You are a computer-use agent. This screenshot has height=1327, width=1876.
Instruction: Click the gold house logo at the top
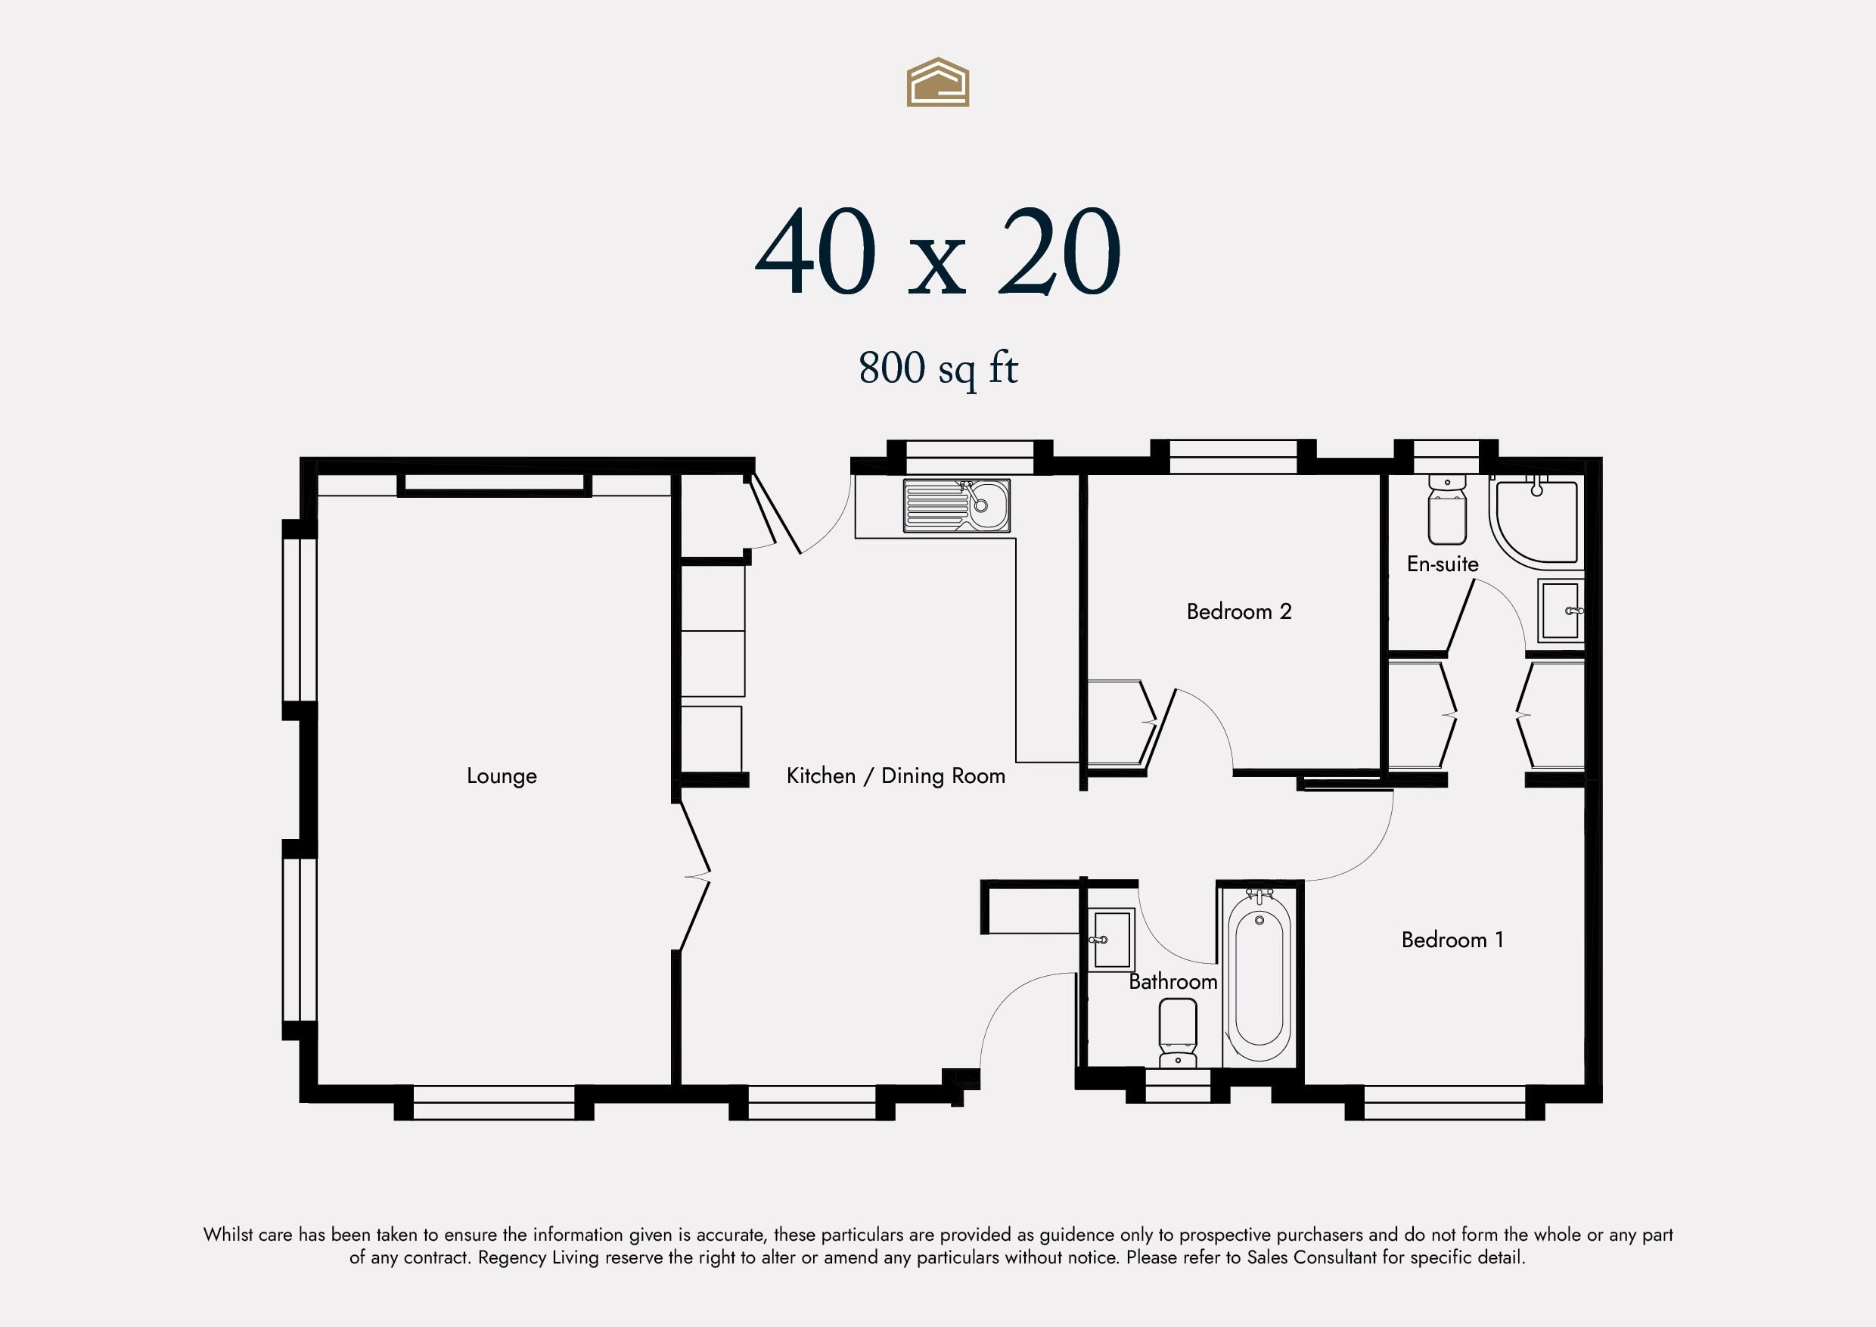pos(938,82)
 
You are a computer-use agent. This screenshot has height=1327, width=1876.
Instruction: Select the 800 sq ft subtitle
pos(938,368)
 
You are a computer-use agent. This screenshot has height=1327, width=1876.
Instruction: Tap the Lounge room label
pos(502,776)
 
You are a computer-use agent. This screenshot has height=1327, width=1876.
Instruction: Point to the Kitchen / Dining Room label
pos(896,775)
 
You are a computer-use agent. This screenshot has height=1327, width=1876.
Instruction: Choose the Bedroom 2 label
pos(1238,611)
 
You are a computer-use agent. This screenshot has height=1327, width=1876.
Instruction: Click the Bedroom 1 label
pos(1452,940)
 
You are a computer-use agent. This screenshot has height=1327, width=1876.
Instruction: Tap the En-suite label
pos(1442,564)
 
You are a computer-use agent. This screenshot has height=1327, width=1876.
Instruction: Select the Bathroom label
pos(1172,981)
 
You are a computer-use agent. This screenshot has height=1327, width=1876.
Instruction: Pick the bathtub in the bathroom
pos(1259,979)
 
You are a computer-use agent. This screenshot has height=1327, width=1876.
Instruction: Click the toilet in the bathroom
pos(1177,1033)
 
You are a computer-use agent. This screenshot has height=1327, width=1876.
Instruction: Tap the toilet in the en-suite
pos(1447,509)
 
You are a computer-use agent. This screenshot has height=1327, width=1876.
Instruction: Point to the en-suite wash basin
pos(1561,611)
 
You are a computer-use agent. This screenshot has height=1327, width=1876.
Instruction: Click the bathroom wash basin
pos(1111,940)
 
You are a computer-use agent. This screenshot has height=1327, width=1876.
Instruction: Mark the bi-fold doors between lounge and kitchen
pos(694,877)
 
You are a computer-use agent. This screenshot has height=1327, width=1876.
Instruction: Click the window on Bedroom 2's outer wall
pos(1233,456)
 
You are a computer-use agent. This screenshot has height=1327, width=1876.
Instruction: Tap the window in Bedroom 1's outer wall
pos(1445,1102)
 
